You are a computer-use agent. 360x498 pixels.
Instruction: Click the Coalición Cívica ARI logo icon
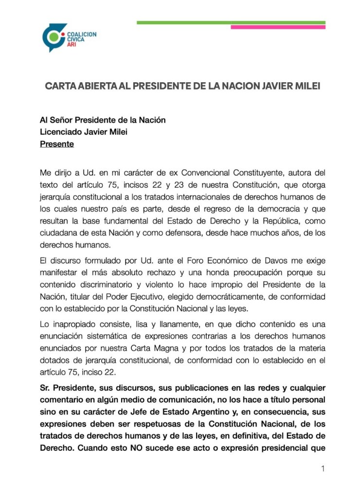54,37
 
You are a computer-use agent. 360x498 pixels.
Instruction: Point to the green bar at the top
231,22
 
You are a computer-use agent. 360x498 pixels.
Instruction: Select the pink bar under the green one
277,27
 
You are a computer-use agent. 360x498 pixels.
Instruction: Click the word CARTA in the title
60,87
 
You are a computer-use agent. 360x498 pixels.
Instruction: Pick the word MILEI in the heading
306,87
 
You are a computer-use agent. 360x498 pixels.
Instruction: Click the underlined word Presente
56,144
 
